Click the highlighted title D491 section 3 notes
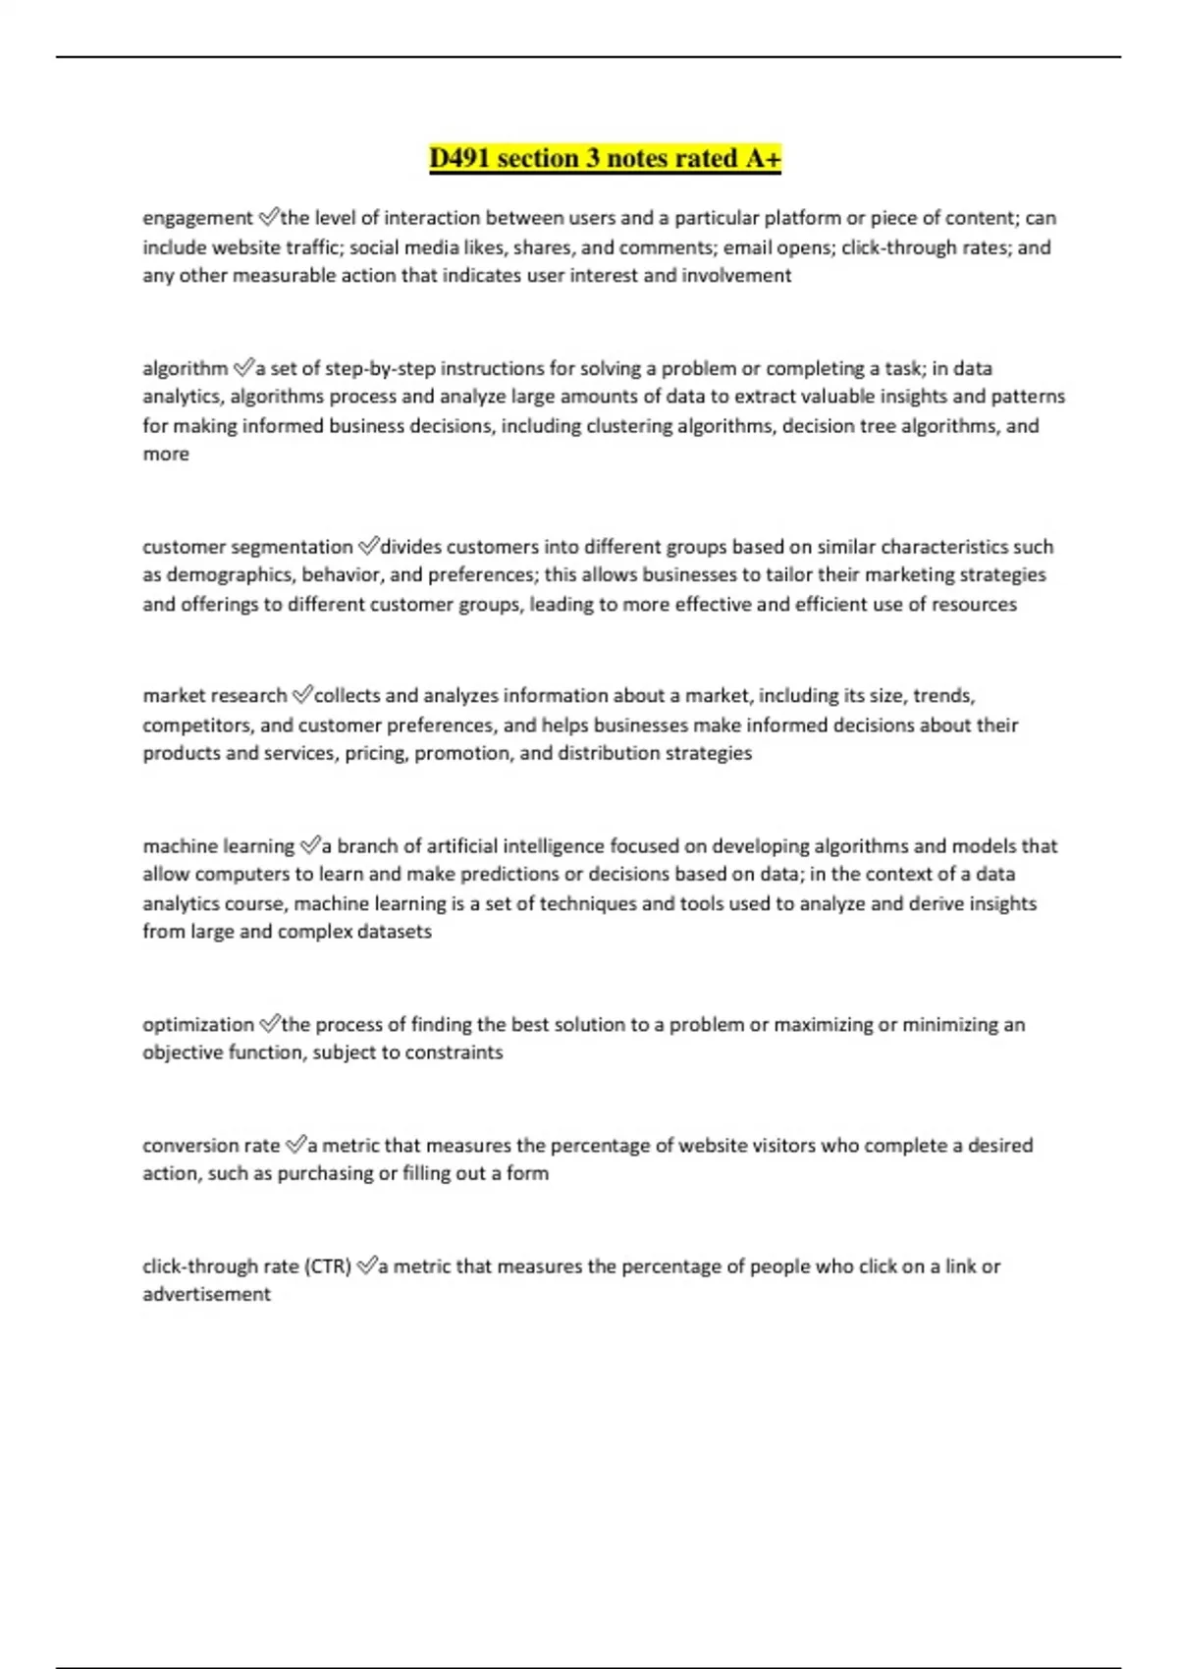coord(604,158)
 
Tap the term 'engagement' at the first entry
coord(197,218)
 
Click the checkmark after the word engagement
coord(268,217)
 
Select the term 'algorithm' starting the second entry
coord(185,369)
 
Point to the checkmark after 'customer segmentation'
coord(368,546)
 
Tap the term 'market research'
coord(214,696)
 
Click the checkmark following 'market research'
coord(301,695)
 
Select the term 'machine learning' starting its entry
coord(218,846)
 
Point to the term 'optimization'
coord(197,1025)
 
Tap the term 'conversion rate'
coord(211,1146)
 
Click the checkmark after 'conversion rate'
coord(294,1145)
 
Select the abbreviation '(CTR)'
coord(328,1266)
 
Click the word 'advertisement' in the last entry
coord(206,1295)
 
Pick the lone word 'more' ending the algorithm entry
coord(166,455)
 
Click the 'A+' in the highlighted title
coord(763,158)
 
